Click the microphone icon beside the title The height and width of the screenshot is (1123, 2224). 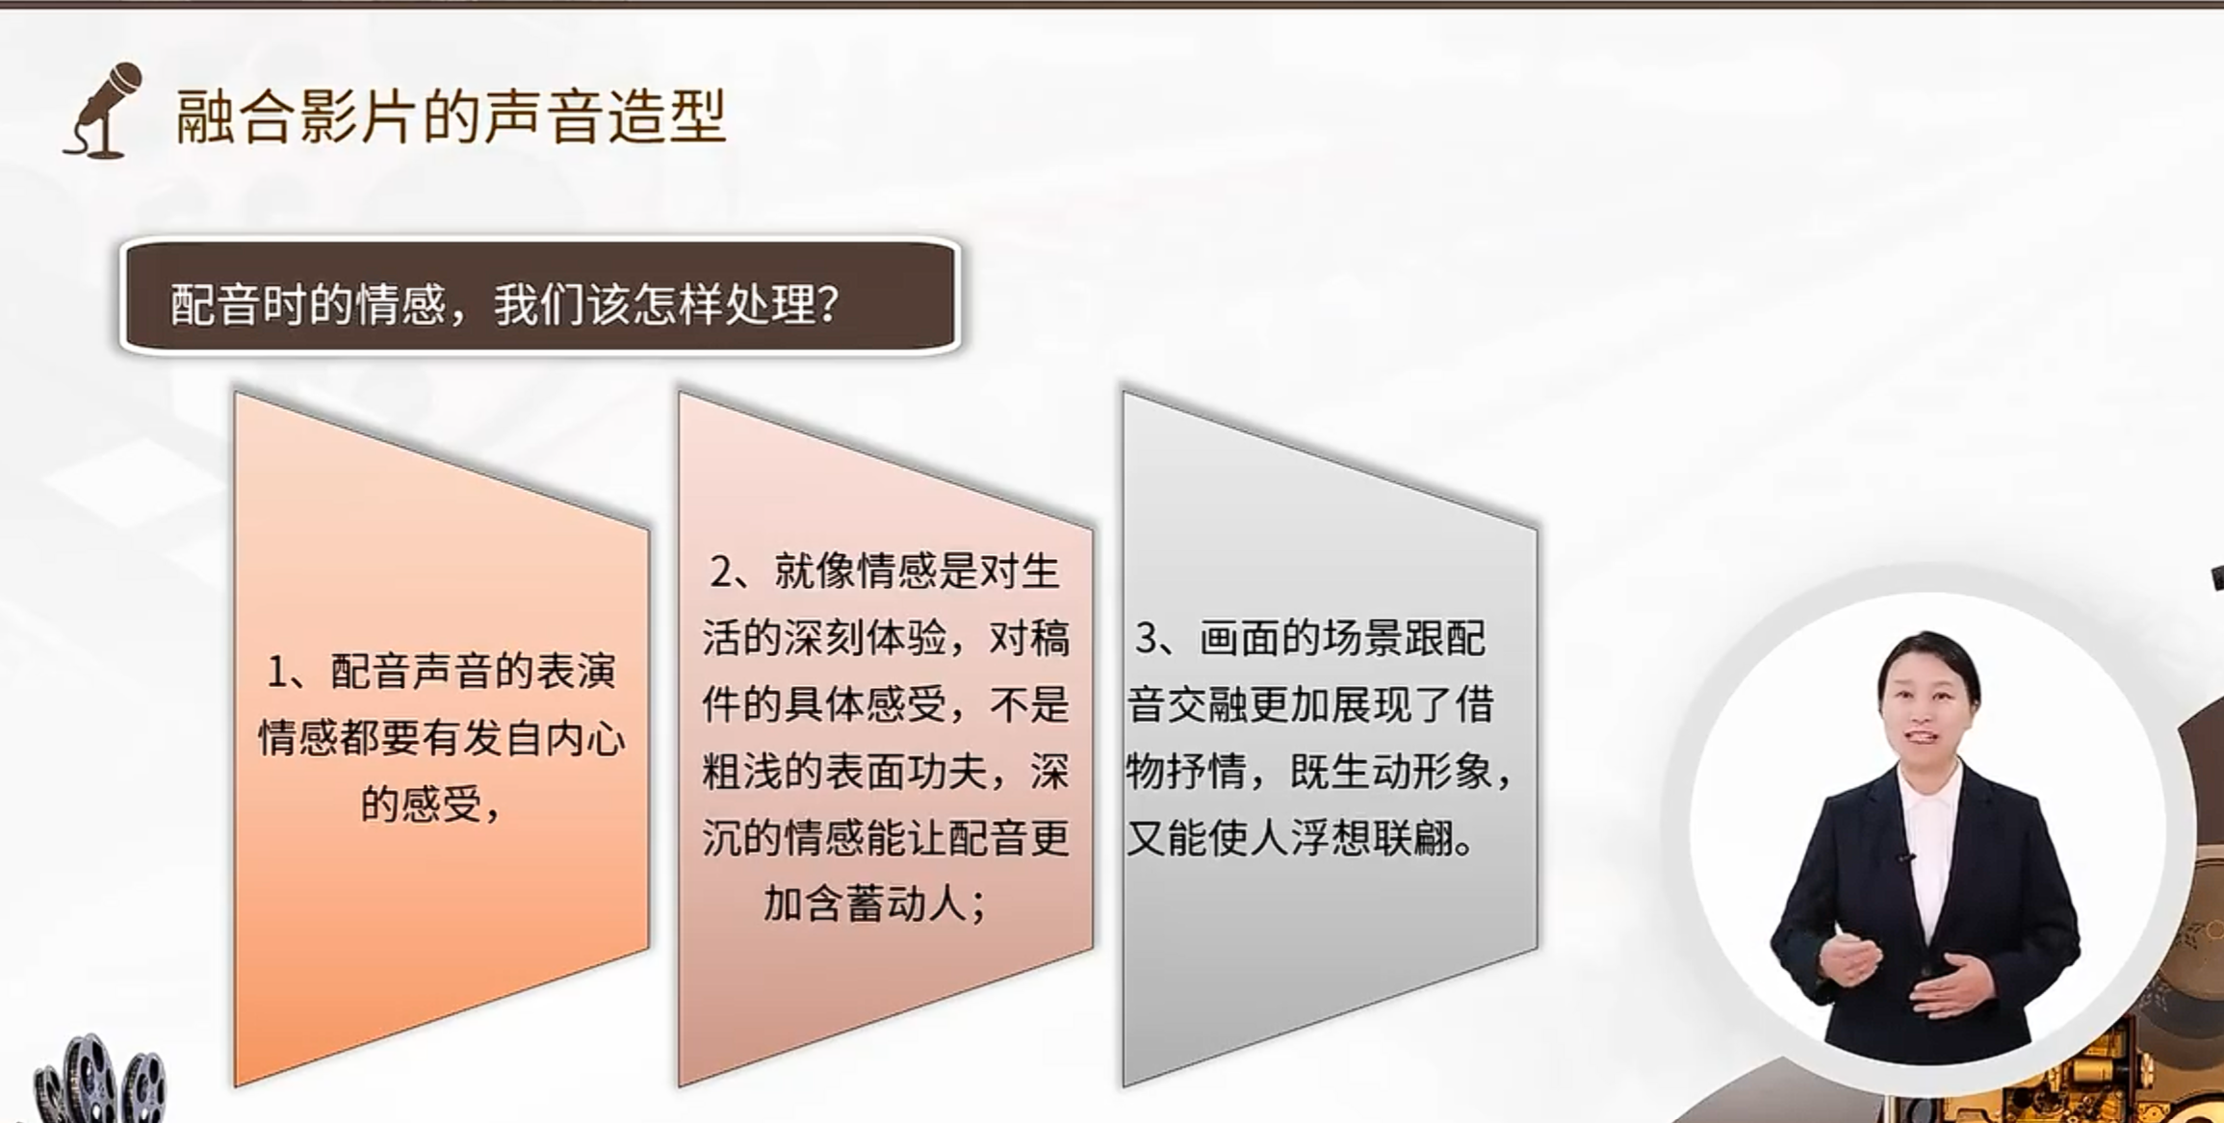pyautogui.click(x=104, y=111)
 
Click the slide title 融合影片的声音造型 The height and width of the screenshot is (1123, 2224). pyautogui.click(x=451, y=115)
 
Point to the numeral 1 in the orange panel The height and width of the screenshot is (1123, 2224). pyautogui.click(x=278, y=672)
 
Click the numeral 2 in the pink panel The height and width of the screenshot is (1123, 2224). pyautogui.click(x=721, y=572)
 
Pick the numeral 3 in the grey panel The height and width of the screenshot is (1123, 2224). pyautogui.click(x=1146, y=638)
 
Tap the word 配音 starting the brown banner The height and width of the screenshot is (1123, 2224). pyautogui.click(x=213, y=304)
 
